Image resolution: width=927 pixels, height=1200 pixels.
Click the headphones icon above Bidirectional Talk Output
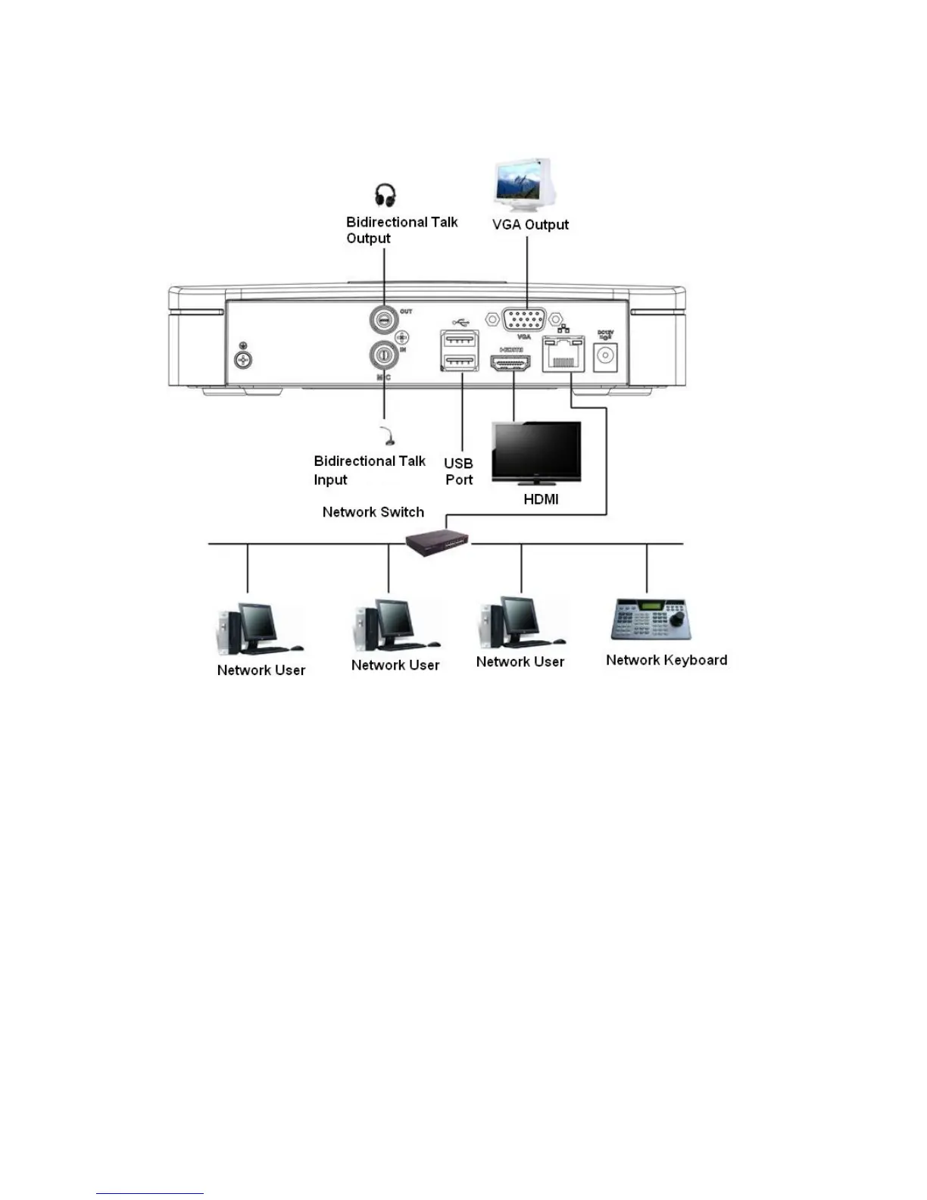tap(385, 195)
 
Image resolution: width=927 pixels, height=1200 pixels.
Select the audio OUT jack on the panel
tap(384, 320)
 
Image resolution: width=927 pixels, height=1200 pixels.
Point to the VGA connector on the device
tap(523, 319)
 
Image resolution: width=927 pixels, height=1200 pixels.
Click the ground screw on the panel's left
tap(243, 359)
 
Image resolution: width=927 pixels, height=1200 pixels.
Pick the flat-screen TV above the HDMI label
tap(537, 453)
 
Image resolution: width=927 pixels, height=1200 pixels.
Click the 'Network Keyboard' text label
tap(666, 660)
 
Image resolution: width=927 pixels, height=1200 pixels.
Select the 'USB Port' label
tap(459, 471)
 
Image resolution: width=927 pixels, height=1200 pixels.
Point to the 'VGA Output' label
tap(530, 224)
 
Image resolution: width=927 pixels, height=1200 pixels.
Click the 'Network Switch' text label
tap(373, 512)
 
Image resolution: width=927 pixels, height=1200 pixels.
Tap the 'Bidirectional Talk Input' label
tap(370, 470)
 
